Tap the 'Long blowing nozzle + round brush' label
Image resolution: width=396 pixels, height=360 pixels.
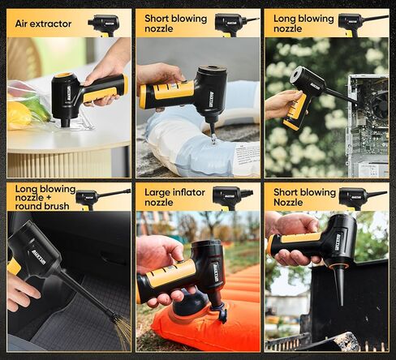click(41, 196)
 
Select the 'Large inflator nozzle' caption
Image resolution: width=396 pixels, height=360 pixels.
click(170, 196)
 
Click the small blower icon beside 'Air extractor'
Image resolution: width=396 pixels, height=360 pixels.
click(104, 24)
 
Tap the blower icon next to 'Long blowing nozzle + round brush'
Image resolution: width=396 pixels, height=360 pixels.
click(101, 197)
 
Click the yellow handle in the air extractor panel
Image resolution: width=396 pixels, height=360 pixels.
click(105, 88)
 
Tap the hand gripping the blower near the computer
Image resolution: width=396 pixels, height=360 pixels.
click(280, 104)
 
